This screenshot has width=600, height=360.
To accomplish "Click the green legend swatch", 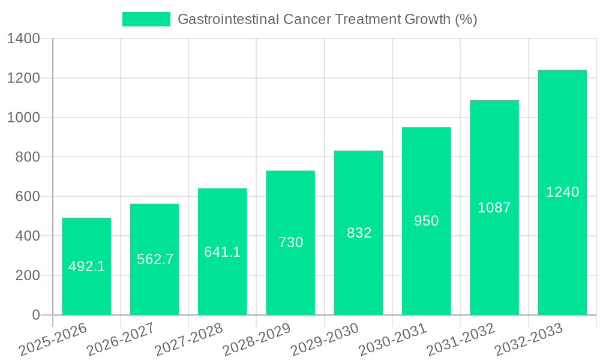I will tap(146, 19).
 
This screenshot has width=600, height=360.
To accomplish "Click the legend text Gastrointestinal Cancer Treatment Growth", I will tap(327, 19).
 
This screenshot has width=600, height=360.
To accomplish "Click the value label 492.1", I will tap(87, 266).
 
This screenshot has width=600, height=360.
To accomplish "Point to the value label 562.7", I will tap(155, 259).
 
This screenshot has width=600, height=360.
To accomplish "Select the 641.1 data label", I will tap(223, 252).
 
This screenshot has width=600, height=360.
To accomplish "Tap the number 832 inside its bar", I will tap(359, 233).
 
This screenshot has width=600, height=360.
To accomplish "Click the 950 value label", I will tap(427, 221).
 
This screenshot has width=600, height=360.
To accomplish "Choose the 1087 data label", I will tap(494, 208).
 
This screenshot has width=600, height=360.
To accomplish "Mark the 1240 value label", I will tap(562, 192).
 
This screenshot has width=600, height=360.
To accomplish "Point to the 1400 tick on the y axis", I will tap(23, 39).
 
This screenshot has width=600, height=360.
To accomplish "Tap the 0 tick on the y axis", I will tap(35, 315).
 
